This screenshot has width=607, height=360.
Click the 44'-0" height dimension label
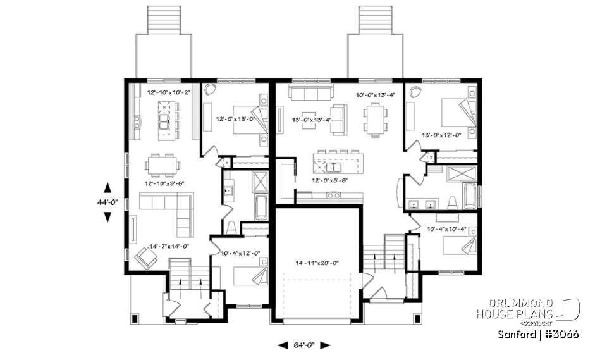point(107,202)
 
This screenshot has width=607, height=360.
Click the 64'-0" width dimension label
point(305,345)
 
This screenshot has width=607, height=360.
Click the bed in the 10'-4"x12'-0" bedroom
point(248,276)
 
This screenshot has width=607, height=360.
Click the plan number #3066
point(561,334)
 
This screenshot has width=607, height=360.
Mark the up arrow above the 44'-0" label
point(107,187)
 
